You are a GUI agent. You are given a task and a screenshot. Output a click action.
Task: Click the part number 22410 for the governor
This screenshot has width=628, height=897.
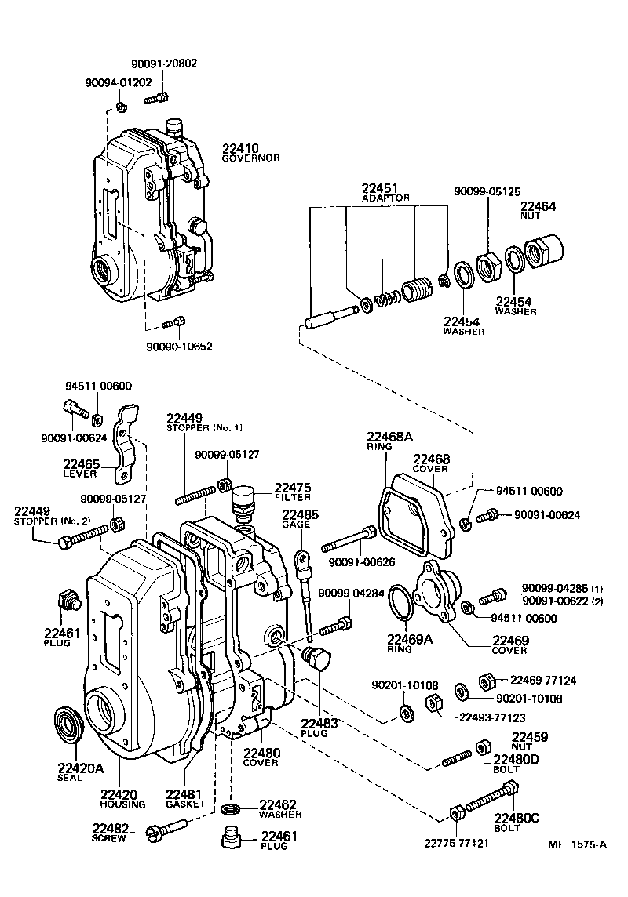(x=239, y=147)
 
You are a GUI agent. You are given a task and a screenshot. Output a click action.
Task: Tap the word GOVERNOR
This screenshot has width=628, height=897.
(x=250, y=158)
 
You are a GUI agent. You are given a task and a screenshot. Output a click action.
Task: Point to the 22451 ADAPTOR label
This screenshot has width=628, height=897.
(x=385, y=193)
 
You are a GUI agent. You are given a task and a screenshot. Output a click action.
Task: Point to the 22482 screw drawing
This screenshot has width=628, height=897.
(x=167, y=828)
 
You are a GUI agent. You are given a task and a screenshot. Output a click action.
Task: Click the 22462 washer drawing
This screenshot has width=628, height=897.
(x=232, y=808)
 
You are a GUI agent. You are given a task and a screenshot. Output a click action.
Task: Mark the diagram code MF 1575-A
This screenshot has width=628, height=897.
(x=577, y=844)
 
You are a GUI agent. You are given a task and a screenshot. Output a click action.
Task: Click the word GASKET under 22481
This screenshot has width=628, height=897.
(x=185, y=804)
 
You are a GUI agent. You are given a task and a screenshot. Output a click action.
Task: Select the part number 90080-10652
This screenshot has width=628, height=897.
(x=179, y=346)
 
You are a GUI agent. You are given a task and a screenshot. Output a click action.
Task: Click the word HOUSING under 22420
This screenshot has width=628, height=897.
(x=122, y=804)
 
